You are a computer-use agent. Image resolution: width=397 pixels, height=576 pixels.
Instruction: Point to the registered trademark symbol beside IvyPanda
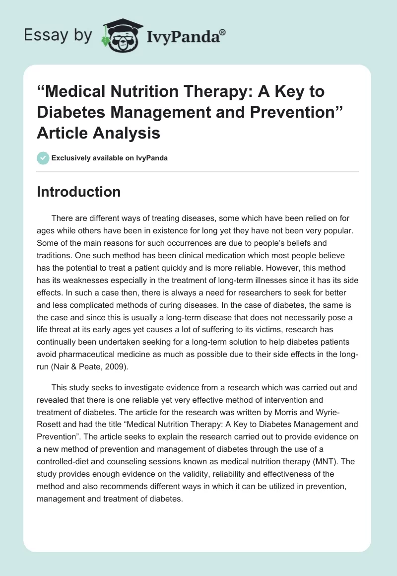[x=223, y=33]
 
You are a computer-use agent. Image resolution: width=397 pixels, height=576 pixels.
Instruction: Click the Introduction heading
[x=78, y=192]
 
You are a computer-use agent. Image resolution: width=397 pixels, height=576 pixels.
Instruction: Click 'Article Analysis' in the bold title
[x=99, y=133]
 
